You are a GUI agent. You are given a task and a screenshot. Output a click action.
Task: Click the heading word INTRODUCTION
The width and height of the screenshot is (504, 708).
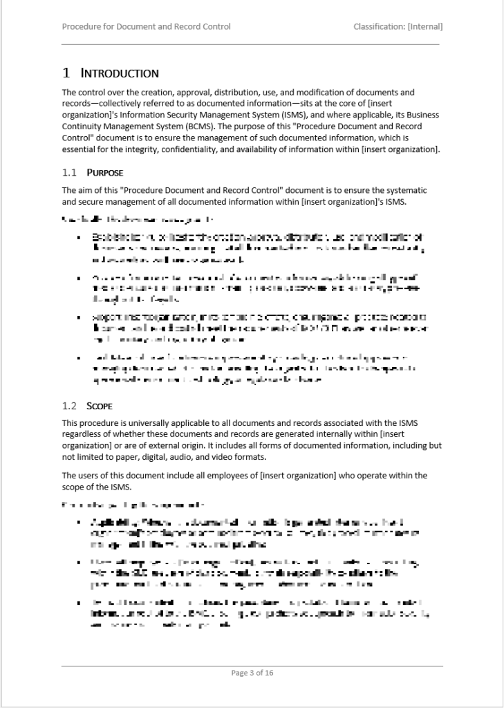pyautogui.click(x=120, y=73)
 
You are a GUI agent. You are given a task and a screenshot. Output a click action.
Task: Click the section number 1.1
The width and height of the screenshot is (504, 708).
pyautogui.click(x=69, y=172)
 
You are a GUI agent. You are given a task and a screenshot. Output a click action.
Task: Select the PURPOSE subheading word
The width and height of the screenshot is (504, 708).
pyautogui.click(x=104, y=172)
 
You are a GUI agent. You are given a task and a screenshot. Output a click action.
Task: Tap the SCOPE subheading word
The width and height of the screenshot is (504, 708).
pyautogui.click(x=100, y=405)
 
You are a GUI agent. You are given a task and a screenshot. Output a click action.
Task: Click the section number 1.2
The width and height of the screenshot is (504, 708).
pyautogui.click(x=69, y=405)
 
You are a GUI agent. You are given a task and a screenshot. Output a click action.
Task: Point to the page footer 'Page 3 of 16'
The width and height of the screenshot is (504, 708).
pyautogui.click(x=252, y=673)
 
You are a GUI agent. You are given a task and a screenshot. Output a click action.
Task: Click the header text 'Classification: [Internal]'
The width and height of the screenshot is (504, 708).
pyautogui.click(x=398, y=27)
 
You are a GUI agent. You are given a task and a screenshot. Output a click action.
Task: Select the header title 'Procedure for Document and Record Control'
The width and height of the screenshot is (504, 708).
pyautogui.click(x=146, y=27)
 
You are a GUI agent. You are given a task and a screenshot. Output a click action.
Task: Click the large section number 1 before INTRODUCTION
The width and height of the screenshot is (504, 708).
pyautogui.click(x=66, y=73)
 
